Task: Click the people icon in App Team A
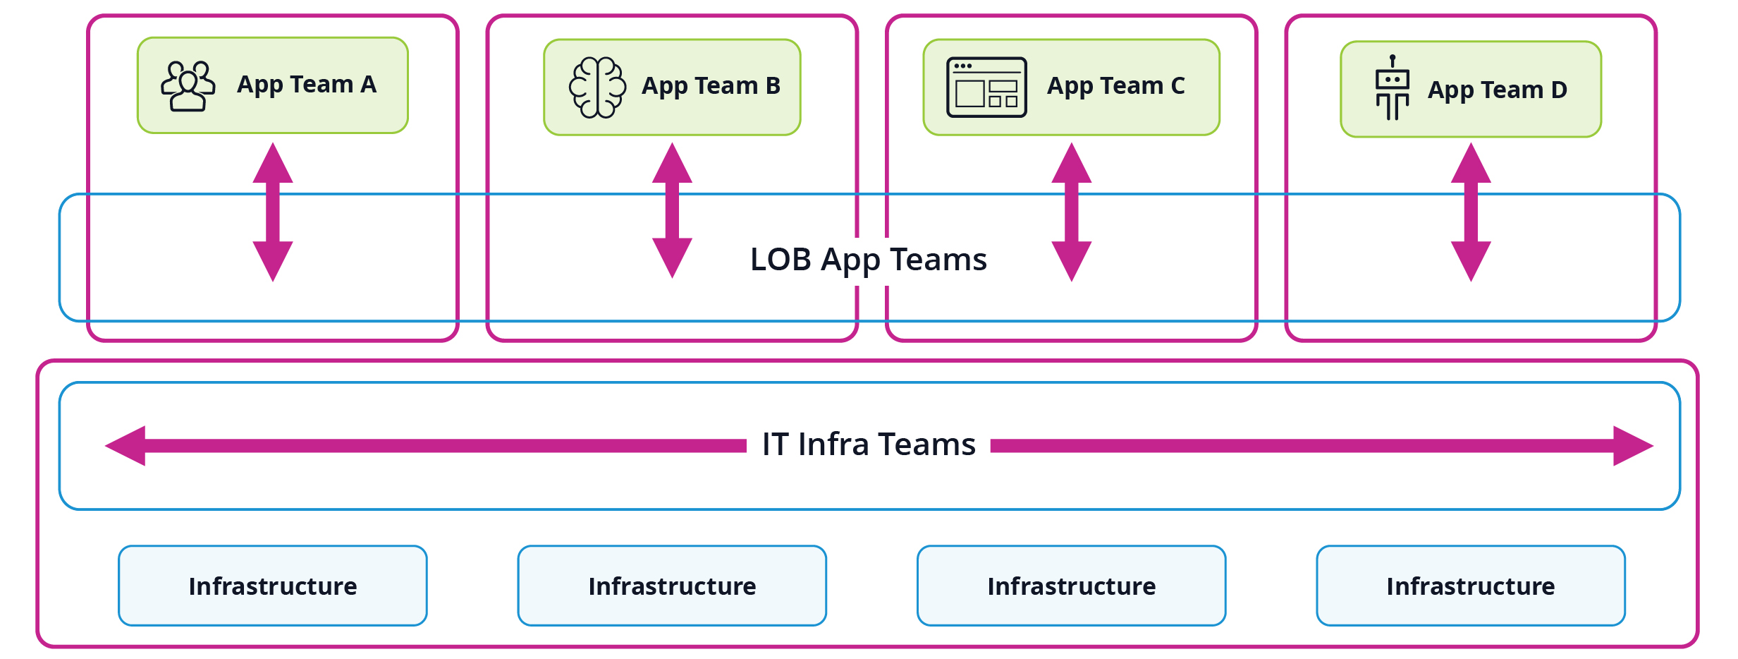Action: click(188, 86)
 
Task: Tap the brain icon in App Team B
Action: click(597, 87)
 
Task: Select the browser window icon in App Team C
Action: click(986, 87)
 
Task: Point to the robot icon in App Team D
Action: click(1392, 88)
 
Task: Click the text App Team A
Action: click(307, 85)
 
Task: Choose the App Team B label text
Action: click(711, 86)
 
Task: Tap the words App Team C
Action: click(1115, 86)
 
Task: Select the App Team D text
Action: click(1497, 90)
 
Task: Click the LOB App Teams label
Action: click(868, 260)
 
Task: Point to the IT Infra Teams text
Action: click(868, 445)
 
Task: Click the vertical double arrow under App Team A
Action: click(273, 212)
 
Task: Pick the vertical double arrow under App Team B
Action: click(672, 210)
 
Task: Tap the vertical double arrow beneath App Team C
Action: click(1071, 212)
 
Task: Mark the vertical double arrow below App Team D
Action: click(1470, 212)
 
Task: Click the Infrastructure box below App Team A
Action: click(273, 586)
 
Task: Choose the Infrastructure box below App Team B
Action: click(672, 586)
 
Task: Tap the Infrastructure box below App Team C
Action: click(1071, 586)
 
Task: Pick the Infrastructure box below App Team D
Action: click(1470, 586)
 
